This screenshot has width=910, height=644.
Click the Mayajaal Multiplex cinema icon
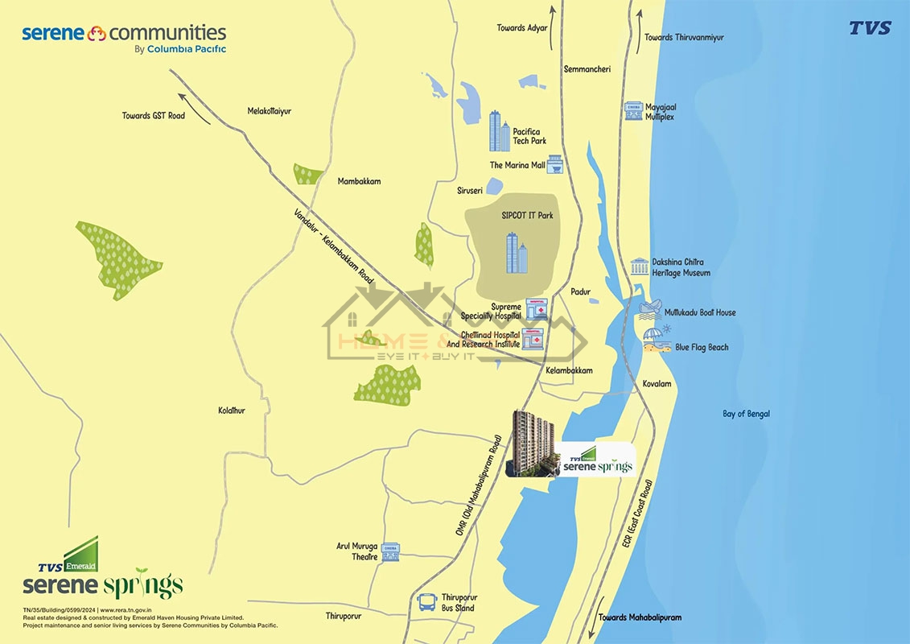pos(633,111)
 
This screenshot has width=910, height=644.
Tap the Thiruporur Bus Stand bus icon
pos(426,602)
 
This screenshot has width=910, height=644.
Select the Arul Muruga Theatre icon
pos(390,551)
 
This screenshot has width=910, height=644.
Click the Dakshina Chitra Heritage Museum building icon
pos(640,266)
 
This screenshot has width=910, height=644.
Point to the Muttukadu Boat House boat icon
pos(649,311)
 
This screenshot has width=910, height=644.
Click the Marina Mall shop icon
pos(554,165)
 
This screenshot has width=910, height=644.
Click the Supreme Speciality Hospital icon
pos(535,309)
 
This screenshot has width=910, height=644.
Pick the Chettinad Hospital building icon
pos(532,339)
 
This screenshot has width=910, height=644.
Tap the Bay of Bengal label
pos(746,414)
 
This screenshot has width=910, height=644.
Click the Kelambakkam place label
pos(569,370)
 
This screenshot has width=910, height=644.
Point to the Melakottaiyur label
pos(270,111)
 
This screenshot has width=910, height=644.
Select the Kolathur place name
pos(232,411)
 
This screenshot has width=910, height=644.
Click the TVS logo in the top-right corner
pos(870,28)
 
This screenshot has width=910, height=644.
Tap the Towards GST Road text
pos(154,116)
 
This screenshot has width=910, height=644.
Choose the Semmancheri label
pos(587,69)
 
